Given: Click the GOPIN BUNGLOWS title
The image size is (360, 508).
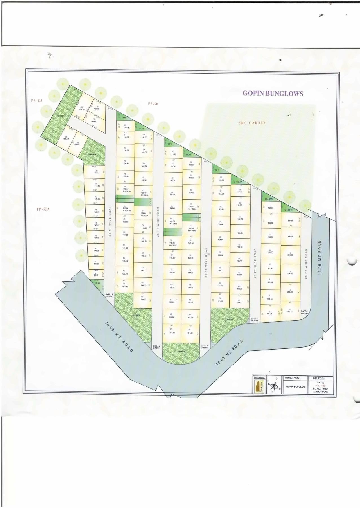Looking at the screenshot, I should (x=273, y=93).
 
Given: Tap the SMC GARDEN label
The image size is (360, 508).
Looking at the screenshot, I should (x=252, y=123).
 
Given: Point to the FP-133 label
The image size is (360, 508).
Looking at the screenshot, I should (x=36, y=101).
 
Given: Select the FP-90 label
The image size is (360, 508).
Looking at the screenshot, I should (x=153, y=104).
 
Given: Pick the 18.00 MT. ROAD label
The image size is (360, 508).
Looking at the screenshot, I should (x=229, y=352).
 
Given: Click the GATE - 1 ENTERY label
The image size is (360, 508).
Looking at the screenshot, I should (x=304, y=312).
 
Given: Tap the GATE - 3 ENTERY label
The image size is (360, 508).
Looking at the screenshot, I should (x=204, y=347).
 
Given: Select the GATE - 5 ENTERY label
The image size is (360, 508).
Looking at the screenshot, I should (x=109, y=295).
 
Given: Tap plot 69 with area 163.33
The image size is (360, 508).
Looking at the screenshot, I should (x=143, y=298).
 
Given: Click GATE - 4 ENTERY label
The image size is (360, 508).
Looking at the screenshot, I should (x=156, y=347).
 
